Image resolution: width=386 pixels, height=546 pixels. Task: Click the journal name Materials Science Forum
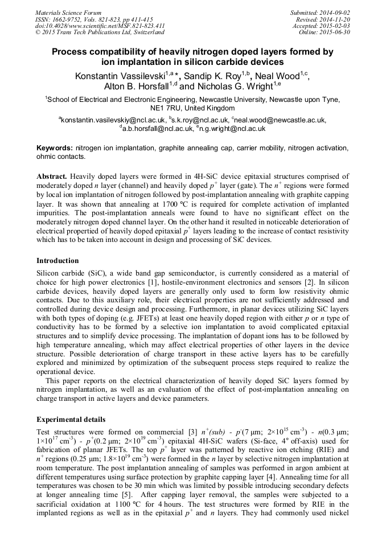[68, 13]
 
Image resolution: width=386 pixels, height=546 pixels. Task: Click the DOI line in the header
[100, 26]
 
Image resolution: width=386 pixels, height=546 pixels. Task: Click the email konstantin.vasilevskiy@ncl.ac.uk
[113, 120]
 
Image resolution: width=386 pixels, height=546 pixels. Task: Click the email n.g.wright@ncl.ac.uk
[232, 129]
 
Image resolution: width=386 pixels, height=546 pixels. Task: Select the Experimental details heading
[71, 419]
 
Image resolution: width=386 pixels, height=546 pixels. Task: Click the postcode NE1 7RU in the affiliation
[165, 108]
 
